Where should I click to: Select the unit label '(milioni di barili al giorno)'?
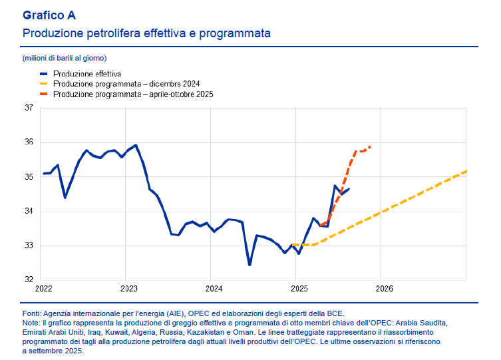click(65, 59)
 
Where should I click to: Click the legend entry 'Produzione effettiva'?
click(86, 75)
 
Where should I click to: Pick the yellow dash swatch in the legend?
click(45, 85)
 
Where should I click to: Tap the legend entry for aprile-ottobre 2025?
click(133, 94)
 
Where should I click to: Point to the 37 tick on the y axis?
click(29, 108)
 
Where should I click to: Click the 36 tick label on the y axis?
click(29, 142)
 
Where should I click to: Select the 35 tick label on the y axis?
click(29, 177)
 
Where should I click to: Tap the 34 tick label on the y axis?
click(29, 212)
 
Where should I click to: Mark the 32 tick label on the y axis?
click(29, 280)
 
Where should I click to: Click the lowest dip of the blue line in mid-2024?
click(250, 265)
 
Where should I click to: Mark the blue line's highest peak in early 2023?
click(136, 145)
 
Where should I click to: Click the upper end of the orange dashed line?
click(370, 146)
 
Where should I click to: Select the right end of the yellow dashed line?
click(466, 172)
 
